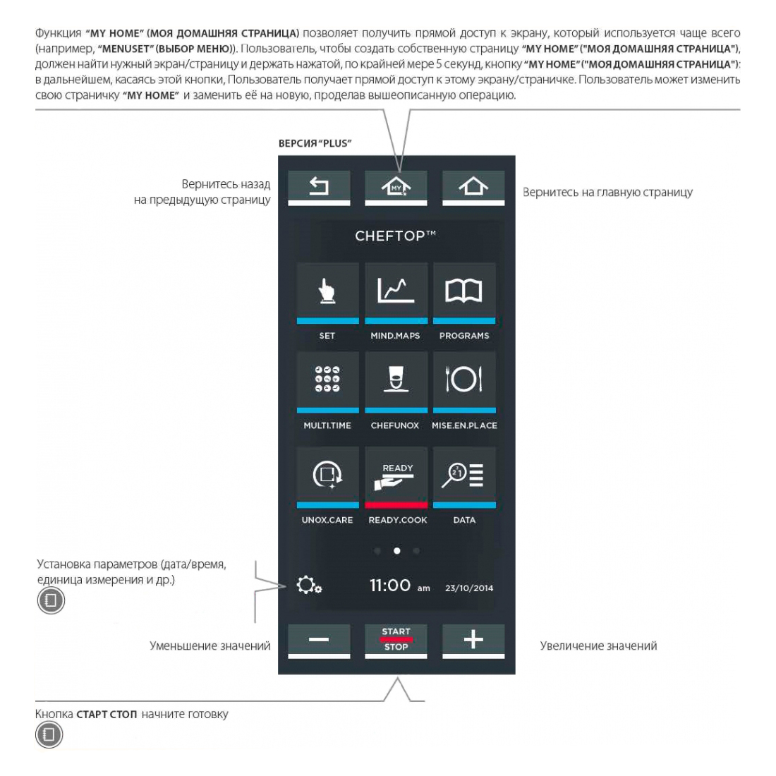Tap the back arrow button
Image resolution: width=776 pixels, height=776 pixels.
click(x=319, y=188)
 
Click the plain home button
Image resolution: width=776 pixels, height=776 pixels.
click(x=473, y=188)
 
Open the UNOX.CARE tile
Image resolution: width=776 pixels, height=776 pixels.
click(x=327, y=475)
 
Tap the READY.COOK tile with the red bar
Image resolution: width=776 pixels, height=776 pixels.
click(x=396, y=475)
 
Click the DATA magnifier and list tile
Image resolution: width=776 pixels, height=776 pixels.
click(x=464, y=475)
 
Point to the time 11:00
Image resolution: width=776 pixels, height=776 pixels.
click(x=390, y=586)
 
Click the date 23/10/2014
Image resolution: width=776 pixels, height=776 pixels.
click(x=469, y=588)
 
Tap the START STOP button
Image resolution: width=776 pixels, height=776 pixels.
click(x=396, y=640)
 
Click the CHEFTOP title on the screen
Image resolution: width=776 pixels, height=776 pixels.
click(x=395, y=236)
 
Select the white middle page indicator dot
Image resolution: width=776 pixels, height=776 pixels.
click(x=396, y=550)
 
